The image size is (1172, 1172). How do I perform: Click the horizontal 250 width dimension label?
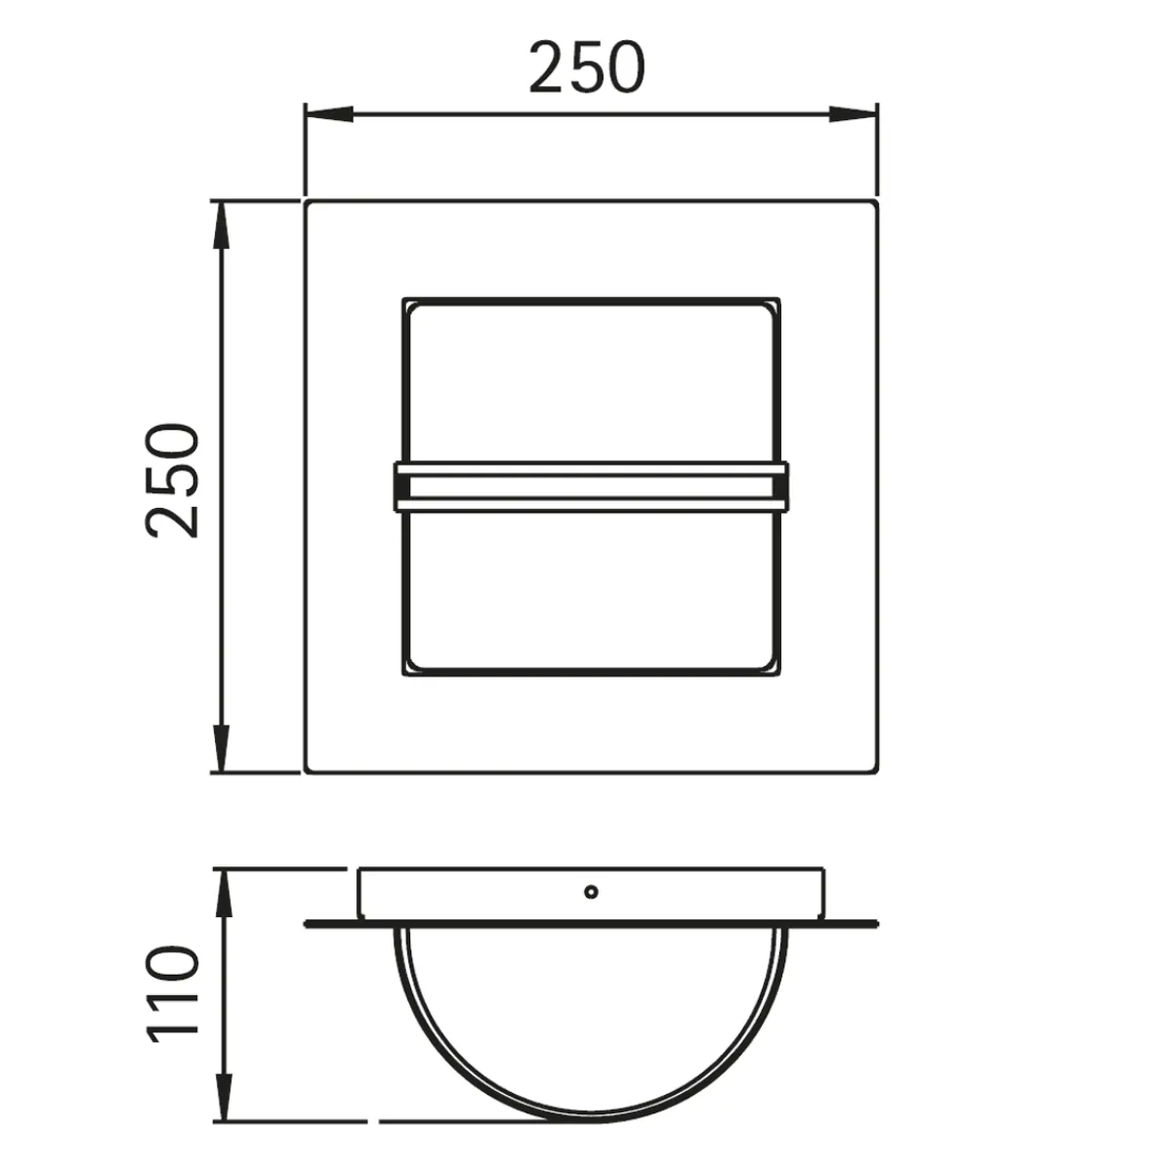pyautogui.click(x=587, y=67)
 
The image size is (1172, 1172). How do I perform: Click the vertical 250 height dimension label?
pyautogui.click(x=174, y=480)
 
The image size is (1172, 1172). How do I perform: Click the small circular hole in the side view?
pyautogui.click(x=590, y=891)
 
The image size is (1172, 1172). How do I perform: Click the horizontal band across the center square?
pyautogui.click(x=591, y=486)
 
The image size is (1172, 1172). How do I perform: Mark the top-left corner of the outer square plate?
pyautogui.click(x=308, y=203)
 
